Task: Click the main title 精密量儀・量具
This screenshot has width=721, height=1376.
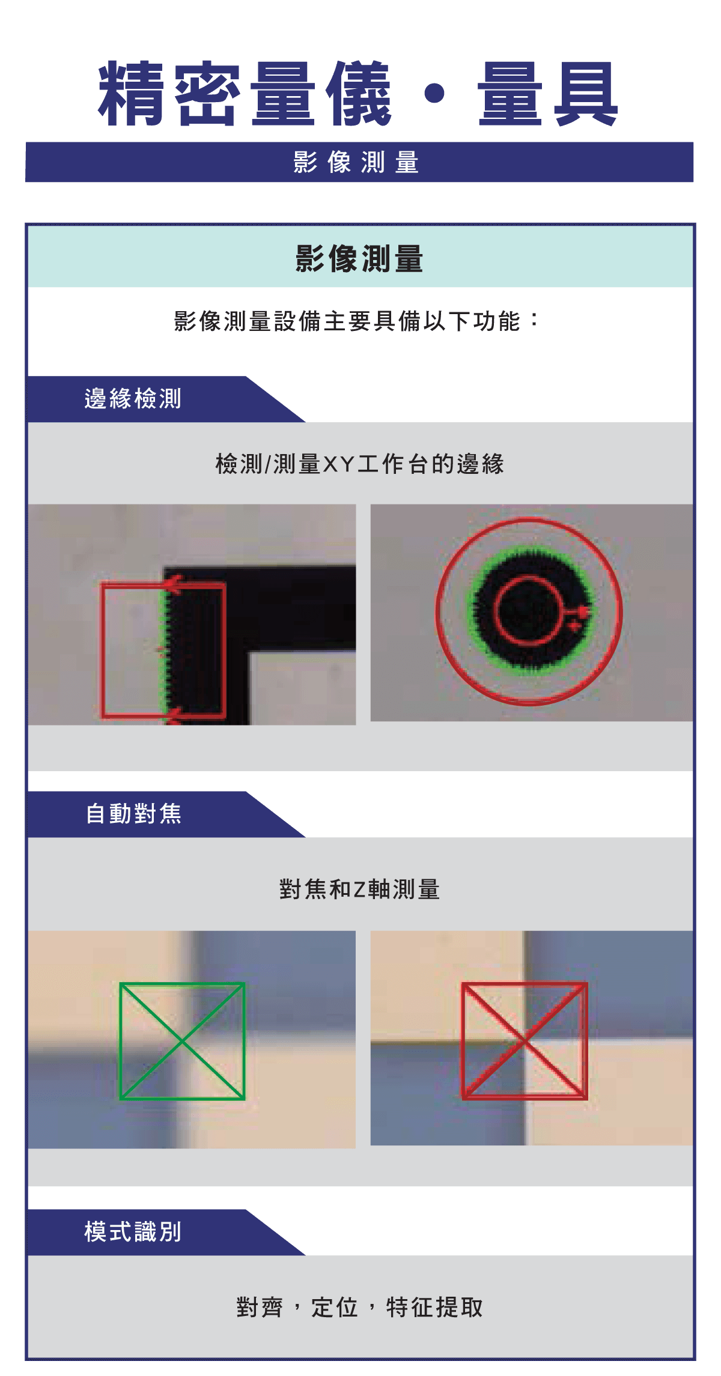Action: (x=358, y=94)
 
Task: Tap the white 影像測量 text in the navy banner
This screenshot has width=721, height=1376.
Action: (x=356, y=163)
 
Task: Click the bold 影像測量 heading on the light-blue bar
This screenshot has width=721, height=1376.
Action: (x=359, y=259)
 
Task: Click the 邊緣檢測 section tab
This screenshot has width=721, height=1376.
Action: (x=133, y=399)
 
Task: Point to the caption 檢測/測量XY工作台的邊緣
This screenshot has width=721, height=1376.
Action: (x=359, y=464)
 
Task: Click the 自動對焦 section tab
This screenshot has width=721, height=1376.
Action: (x=133, y=814)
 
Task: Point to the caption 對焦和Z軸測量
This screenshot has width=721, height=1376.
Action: (x=359, y=889)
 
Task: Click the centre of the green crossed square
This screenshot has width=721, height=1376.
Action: (x=182, y=1041)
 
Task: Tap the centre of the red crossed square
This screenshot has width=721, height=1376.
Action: (x=525, y=1041)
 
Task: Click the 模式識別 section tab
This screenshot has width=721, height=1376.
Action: (x=133, y=1232)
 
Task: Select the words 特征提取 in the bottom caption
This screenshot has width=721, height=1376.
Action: (x=434, y=1308)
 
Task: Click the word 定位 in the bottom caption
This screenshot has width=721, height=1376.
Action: (x=335, y=1308)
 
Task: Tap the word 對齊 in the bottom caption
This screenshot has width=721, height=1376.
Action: (x=260, y=1308)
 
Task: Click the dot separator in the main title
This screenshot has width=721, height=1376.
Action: (x=434, y=94)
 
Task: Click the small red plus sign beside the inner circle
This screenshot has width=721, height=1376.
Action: (x=576, y=626)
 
